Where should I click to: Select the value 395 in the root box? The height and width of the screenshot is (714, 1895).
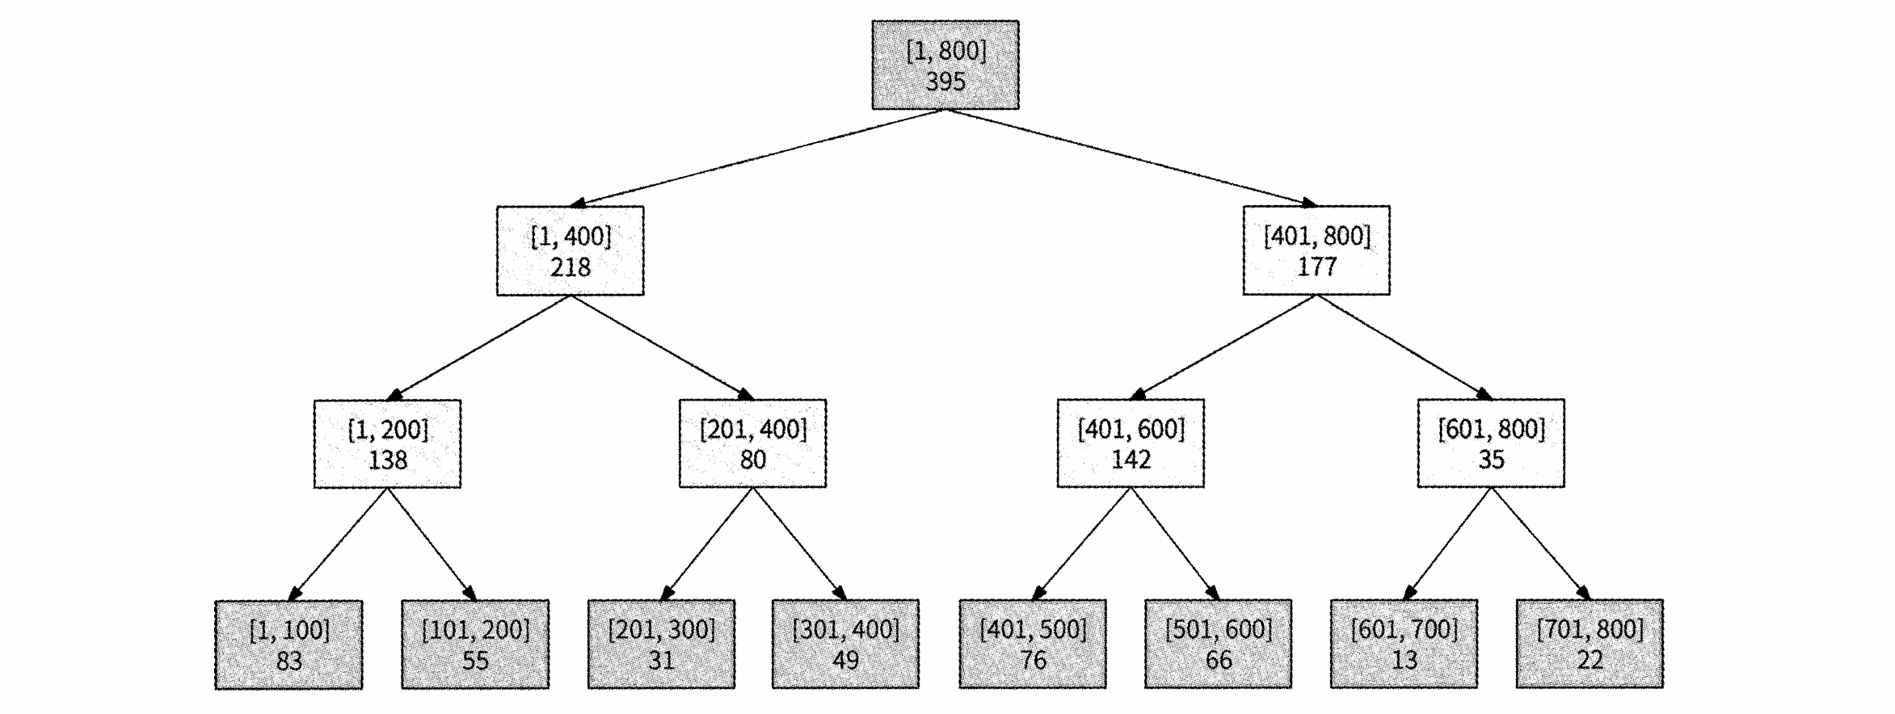[945, 82]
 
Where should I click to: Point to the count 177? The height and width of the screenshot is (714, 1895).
[1317, 267]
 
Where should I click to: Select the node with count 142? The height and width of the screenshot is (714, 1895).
[1131, 443]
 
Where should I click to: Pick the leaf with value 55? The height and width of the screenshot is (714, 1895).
[475, 645]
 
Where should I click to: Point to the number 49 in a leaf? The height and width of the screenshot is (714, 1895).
[846, 660]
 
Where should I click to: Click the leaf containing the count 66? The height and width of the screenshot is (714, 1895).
[1218, 644]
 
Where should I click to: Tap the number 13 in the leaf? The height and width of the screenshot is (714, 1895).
[1404, 660]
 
